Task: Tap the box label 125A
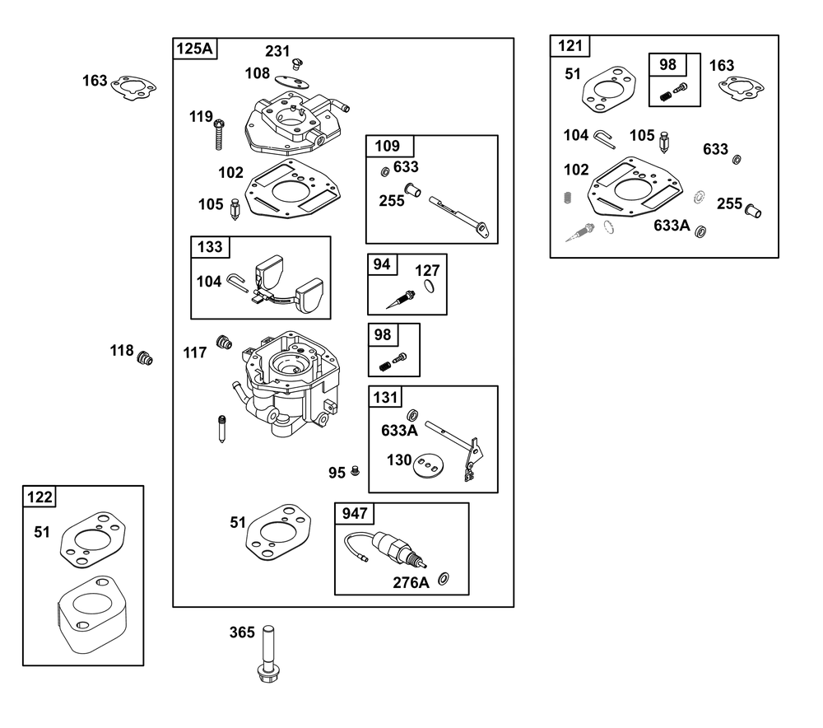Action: [x=195, y=49]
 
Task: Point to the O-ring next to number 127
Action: [x=430, y=287]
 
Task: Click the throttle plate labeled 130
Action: [x=428, y=465]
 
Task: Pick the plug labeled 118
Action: [x=145, y=358]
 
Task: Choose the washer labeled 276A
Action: [x=444, y=578]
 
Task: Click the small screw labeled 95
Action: [x=355, y=470]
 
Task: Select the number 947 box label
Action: [x=355, y=513]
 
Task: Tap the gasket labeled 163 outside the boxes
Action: [x=134, y=88]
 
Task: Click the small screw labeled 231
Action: [x=298, y=63]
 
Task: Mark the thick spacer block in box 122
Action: [x=92, y=614]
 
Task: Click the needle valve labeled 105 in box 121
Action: [x=664, y=142]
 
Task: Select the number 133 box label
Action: [x=210, y=247]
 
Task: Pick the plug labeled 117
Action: [x=224, y=342]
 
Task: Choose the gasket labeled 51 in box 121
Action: [x=609, y=89]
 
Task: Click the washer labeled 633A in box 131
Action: [x=412, y=416]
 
